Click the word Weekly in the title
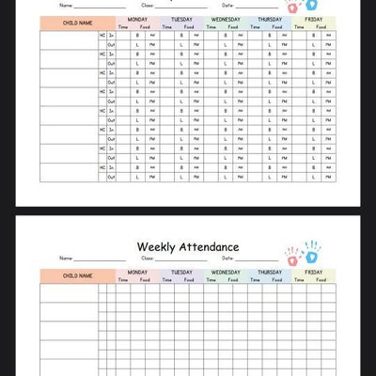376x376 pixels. click(158, 247)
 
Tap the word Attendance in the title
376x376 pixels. click(210, 247)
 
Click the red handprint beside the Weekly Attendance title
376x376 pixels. click(292, 256)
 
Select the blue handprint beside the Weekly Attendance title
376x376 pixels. click(311, 251)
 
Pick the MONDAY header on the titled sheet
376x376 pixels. click(137, 272)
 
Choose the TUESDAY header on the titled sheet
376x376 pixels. click(181, 272)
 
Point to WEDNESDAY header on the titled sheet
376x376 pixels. click(226, 272)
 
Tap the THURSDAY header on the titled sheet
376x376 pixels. click(270, 272)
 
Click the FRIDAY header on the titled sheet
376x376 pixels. click(313, 272)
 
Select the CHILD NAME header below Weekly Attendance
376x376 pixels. click(77, 275)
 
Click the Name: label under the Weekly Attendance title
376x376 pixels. click(66, 258)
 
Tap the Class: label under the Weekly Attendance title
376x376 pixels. click(148, 258)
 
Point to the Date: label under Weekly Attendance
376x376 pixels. click(227, 258)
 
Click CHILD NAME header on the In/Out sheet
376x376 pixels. click(77, 23)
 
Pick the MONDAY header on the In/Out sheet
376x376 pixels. click(137, 19)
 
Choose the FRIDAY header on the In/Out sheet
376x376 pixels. click(313, 19)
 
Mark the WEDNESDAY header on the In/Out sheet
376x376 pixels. click(226, 19)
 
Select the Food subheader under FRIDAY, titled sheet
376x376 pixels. click(321, 279)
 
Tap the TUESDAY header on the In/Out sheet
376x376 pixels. click(181, 19)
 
